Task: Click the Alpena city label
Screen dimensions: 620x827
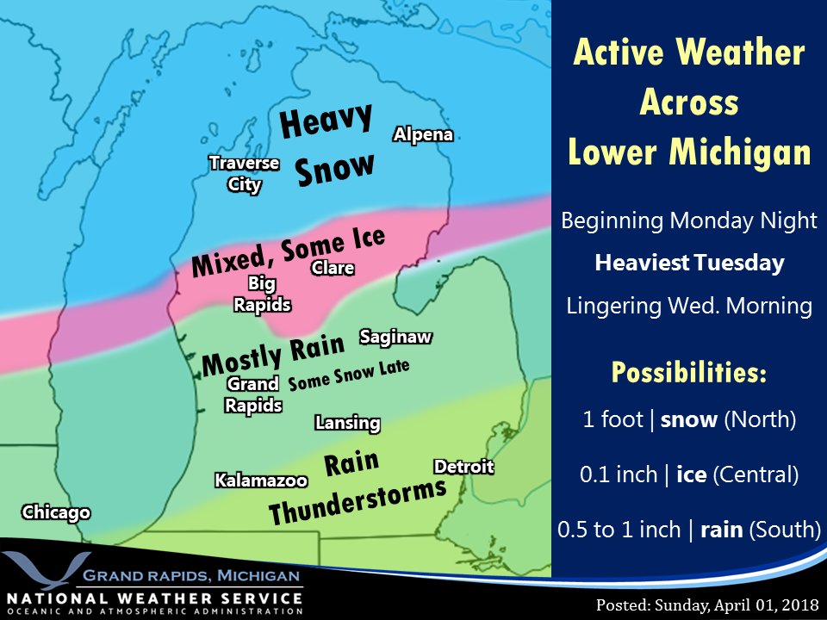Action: point(423,134)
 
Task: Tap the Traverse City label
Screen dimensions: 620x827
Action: point(245,173)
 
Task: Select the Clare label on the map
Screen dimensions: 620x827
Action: point(333,268)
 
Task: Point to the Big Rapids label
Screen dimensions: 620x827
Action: point(262,294)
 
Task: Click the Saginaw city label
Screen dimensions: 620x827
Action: point(395,337)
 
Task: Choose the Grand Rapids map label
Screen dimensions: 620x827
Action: point(253,394)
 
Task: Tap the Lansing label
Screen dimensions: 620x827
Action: point(347,423)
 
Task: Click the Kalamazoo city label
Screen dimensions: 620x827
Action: point(261,480)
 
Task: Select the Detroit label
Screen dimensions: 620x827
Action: point(463,467)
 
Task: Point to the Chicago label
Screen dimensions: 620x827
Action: point(56,512)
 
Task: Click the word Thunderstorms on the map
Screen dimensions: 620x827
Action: point(357,501)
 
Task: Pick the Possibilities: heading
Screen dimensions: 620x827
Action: point(688,373)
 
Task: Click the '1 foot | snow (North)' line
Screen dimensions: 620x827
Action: point(688,420)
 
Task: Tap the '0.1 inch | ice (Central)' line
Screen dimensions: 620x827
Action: point(688,474)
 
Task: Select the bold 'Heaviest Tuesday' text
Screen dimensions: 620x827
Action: point(689,263)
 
